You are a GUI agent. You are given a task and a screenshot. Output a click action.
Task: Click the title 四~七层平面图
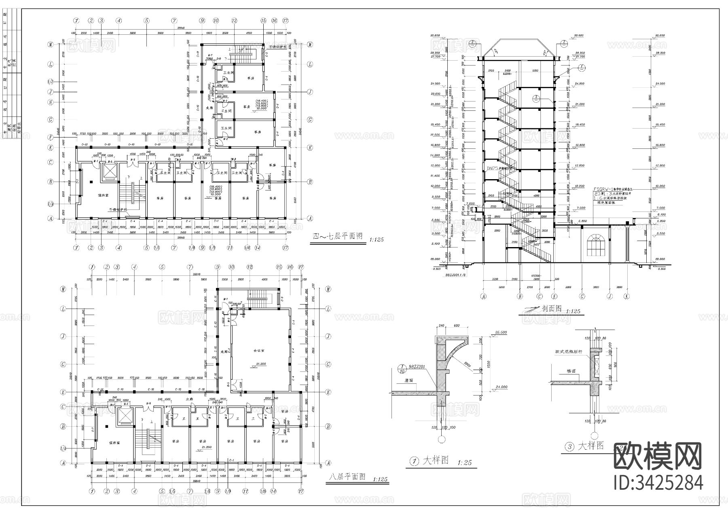pos(338,237)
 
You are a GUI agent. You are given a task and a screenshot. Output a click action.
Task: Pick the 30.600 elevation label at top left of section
pos(436,36)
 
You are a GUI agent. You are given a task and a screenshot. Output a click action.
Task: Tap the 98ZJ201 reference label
pos(417,366)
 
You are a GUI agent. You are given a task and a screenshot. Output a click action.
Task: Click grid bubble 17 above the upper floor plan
pos(286,20)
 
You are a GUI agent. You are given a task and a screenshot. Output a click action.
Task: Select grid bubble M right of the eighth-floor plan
pos(328,289)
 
